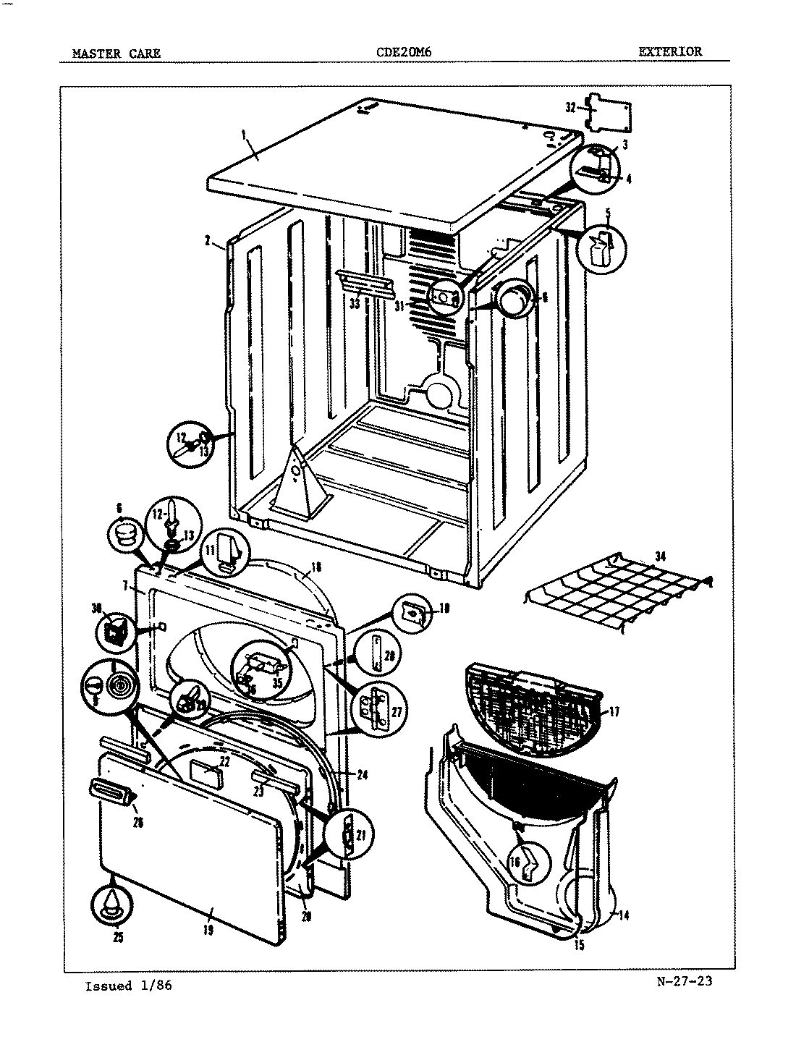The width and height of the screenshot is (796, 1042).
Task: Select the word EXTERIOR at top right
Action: pos(669,51)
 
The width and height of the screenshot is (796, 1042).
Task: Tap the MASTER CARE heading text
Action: pos(117,53)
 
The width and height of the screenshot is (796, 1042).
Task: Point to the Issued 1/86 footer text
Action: pos(129,986)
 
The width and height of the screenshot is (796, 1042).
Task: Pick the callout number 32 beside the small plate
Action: pos(570,108)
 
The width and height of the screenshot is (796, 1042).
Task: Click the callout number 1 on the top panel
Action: pos(244,133)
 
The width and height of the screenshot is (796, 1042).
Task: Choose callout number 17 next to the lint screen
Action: pos(614,711)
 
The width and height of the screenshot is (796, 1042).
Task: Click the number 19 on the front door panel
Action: pos(208,931)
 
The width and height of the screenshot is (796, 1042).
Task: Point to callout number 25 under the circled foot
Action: pos(119,938)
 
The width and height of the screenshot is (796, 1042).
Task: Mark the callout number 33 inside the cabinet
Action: pos(355,304)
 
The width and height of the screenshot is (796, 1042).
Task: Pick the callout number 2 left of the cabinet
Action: pos(207,242)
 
